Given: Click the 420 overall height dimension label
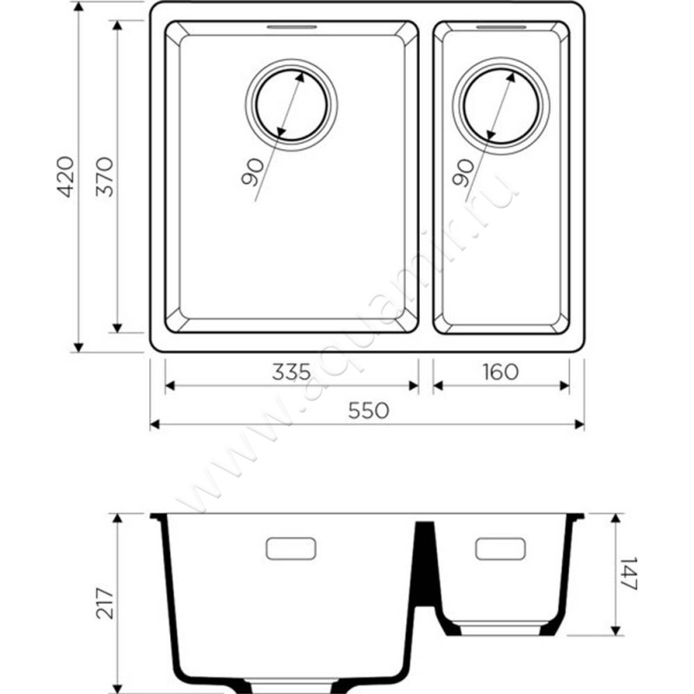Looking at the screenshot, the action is click(x=67, y=176).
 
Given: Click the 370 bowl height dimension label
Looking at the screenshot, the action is click(x=105, y=176).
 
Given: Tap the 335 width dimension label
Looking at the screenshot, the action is click(x=291, y=372).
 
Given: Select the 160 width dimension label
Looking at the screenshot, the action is click(x=501, y=372).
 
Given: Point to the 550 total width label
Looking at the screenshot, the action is click(x=369, y=410).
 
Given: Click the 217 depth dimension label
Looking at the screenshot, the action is click(x=105, y=603).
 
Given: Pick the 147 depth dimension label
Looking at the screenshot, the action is click(x=628, y=573).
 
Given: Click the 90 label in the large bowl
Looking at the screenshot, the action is click(x=252, y=173).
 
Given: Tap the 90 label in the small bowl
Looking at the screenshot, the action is click(x=463, y=173).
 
